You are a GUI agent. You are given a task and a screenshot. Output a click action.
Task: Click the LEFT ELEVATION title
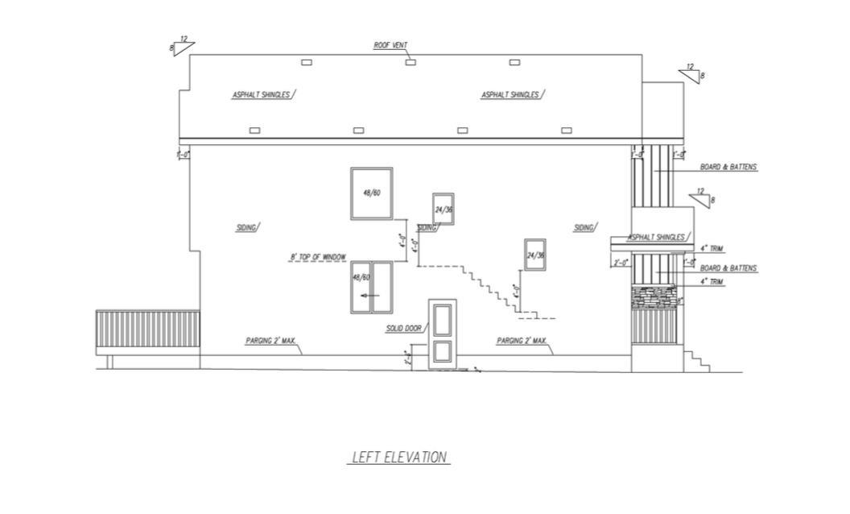point(399,458)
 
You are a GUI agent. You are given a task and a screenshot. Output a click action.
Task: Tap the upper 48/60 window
point(371,193)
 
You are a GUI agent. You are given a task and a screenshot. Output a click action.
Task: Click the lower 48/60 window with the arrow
point(371,287)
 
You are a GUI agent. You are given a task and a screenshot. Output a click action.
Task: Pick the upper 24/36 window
point(443,209)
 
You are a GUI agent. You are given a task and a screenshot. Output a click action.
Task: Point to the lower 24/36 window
point(535,255)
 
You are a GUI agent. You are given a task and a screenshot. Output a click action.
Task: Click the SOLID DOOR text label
point(402,329)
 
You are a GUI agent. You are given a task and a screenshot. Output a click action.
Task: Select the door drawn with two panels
point(443,334)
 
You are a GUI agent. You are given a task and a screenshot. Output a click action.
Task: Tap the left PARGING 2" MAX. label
point(271,342)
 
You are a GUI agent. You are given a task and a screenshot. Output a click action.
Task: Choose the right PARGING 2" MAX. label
point(522,342)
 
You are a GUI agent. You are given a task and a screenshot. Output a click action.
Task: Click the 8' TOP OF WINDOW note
point(318,258)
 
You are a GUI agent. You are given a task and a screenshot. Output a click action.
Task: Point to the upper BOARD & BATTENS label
point(728,168)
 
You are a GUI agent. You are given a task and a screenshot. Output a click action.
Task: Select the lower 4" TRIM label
point(712,282)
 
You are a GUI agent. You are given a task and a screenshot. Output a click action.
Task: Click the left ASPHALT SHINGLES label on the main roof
point(261,95)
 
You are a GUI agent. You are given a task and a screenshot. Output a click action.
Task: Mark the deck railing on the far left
point(147,330)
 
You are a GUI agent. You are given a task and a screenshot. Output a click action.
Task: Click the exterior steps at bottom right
point(697,360)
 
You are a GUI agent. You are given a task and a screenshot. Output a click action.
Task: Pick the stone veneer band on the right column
point(653,298)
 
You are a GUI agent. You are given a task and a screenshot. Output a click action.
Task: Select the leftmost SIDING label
point(246,228)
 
